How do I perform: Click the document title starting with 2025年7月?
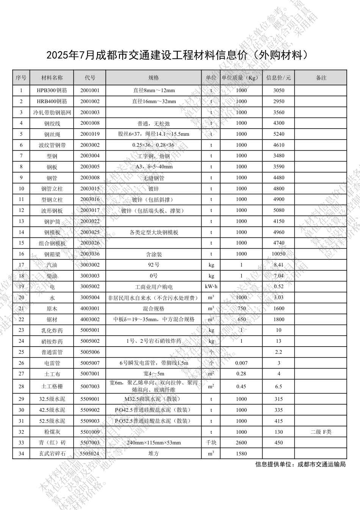pyautogui.click(x=177, y=55)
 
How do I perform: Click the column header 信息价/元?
pyautogui.click(x=279, y=78)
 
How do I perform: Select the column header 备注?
pyautogui.click(x=321, y=78)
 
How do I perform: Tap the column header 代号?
pyautogui.click(x=90, y=78)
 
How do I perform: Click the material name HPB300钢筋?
pyautogui.click(x=52, y=91)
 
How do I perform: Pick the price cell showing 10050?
pyautogui.click(x=279, y=254)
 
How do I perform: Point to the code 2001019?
pyautogui.click(x=90, y=134)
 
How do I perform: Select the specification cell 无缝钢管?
pyautogui.click(x=153, y=178)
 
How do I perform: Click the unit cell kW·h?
pyautogui.click(x=211, y=287)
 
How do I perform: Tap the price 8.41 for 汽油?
pyautogui.click(x=279, y=265)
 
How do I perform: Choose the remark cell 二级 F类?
pyautogui.click(x=321, y=432)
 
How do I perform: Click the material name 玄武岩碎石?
pyautogui.click(x=52, y=454)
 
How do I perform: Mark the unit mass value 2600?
pyautogui.click(x=241, y=443)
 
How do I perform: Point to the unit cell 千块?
pyautogui.click(x=211, y=443)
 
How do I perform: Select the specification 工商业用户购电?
pyautogui.click(x=153, y=287)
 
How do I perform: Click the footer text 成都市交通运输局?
pyautogui.click(x=321, y=464)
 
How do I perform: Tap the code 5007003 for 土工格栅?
pyautogui.click(x=90, y=386)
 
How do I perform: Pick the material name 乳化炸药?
pyautogui.click(x=52, y=330)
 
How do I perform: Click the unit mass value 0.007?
pyautogui.click(x=241, y=363)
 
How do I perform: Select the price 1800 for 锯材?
pyautogui.click(x=279, y=319)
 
